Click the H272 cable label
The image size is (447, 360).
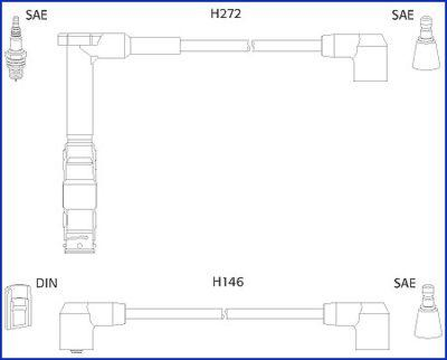[225, 14]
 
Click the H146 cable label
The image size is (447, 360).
[228, 282]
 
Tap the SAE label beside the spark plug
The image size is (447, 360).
[36, 15]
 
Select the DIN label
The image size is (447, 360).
[46, 283]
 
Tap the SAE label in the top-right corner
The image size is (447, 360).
[402, 15]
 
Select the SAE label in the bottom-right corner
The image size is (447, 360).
[405, 283]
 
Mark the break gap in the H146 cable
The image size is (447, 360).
[225, 311]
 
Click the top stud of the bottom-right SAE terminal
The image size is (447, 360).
[427, 291]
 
